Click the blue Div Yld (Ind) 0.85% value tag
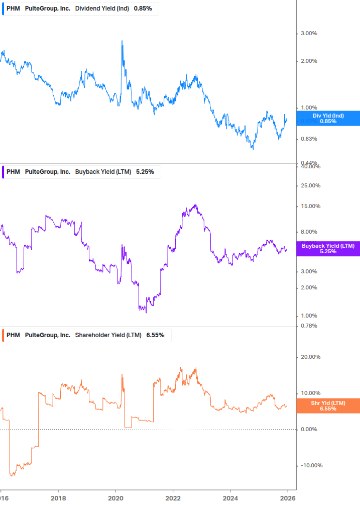coord(328,119)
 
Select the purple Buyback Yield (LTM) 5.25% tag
coord(328,248)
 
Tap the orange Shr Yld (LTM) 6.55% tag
coord(328,406)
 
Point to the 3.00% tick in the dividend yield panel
coord(308,34)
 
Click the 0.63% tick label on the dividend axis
coord(308,139)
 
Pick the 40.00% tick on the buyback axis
coord(310,167)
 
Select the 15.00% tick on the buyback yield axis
coord(310,207)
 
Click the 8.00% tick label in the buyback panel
coord(308,232)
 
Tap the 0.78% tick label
coord(308,326)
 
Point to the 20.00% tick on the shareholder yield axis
coord(310,357)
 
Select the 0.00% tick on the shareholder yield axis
coord(308,429)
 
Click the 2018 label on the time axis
coord(59,497)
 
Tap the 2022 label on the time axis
coord(173,497)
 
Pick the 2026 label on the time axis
coord(287,497)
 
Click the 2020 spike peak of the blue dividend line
coord(122,41)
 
